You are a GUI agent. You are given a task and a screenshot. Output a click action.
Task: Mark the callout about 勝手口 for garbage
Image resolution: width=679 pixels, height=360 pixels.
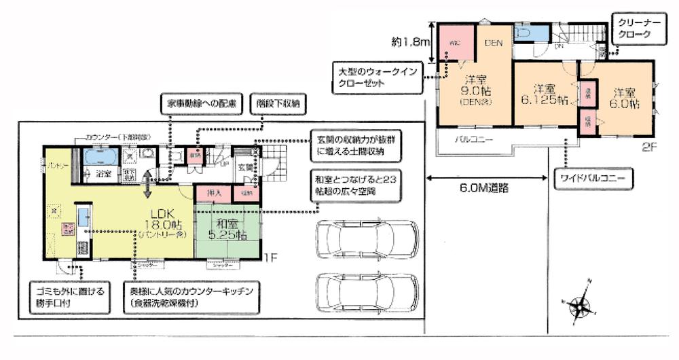pos(73,296)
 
